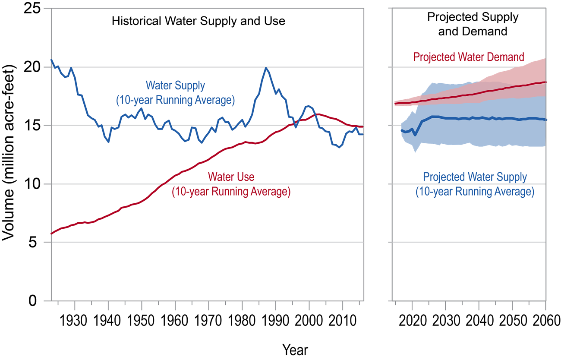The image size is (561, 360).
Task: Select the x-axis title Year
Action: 295,349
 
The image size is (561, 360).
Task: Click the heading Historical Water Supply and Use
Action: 199,21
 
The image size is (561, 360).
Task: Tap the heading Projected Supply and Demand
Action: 473,24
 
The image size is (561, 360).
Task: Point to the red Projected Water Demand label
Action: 469,57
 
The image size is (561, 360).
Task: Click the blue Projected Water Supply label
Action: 475,184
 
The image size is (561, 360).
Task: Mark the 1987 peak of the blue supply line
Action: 266,68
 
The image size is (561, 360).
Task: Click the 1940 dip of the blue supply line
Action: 108,142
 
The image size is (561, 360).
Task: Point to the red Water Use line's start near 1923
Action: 52,234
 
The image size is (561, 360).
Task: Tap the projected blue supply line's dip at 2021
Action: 415,135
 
